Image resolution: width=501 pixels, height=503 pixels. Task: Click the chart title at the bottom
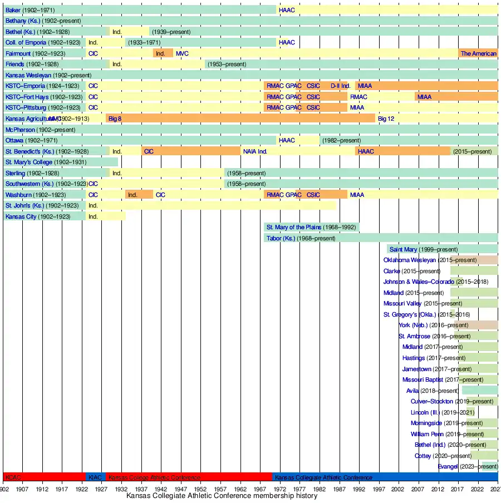click(222, 496)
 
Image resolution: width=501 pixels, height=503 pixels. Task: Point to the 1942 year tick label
click(161, 489)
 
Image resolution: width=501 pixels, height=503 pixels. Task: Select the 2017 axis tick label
click(458, 489)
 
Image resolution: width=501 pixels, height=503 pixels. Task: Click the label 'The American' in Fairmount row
click(478, 53)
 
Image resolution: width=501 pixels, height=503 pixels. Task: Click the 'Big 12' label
click(386, 119)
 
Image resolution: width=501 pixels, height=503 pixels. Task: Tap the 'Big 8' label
click(115, 119)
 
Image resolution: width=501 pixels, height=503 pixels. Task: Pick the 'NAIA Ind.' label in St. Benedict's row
click(255, 151)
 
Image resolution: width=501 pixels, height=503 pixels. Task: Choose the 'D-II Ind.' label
click(340, 86)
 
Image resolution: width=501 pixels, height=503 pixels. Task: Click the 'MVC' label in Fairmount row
click(182, 53)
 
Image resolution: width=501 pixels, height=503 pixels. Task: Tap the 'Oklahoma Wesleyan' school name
click(409, 260)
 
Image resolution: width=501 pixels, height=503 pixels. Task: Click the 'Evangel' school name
click(448, 466)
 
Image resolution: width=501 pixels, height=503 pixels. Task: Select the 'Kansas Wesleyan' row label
click(28, 75)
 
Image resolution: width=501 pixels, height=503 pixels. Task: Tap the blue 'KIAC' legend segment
click(95, 477)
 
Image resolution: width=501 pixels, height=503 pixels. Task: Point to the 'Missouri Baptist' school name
click(423, 379)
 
